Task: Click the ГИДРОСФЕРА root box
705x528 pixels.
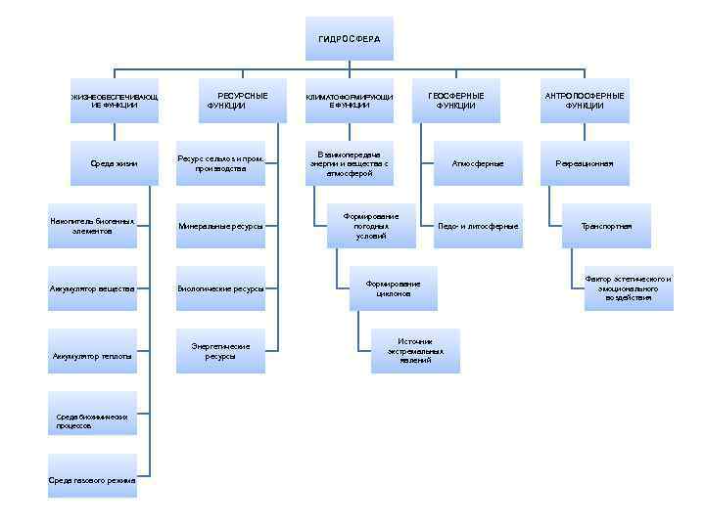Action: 350,39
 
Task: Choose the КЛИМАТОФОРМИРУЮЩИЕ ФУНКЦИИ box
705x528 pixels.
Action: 350,101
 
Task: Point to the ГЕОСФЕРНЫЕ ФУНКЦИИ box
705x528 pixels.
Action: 456,101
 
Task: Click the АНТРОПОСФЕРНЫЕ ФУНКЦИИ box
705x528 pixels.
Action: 584,101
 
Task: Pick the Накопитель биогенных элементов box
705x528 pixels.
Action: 92,226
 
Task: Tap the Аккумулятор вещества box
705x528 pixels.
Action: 92,288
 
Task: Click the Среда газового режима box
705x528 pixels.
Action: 92,480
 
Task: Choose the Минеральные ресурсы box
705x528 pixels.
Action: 220,226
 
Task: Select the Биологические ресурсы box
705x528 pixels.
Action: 220,288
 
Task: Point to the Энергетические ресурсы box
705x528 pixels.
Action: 220,351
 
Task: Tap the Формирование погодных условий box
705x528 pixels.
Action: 371,226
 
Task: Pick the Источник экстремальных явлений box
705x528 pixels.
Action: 415,351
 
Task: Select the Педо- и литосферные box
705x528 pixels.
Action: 478,226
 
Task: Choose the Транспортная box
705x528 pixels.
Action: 607,226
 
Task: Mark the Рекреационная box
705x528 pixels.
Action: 584,163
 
